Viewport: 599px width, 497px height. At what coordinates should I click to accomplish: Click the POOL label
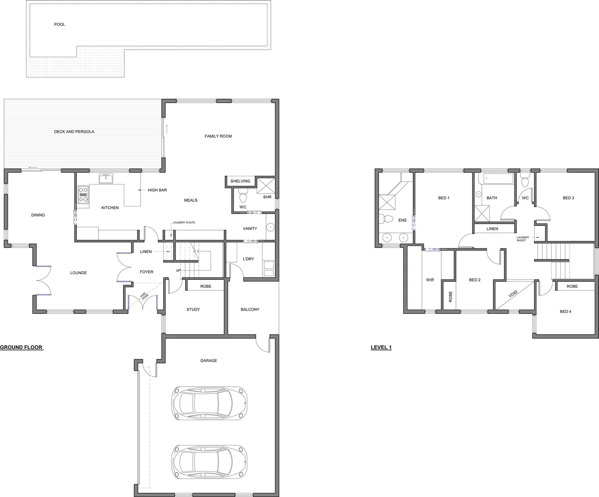click(60, 24)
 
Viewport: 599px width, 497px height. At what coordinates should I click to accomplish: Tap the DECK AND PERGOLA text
click(74, 132)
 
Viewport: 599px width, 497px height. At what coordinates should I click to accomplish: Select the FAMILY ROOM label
click(218, 136)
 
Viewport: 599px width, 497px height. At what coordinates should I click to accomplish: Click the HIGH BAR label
click(157, 190)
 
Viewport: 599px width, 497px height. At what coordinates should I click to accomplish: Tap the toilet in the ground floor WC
click(243, 198)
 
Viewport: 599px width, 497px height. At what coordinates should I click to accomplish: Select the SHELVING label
click(240, 181)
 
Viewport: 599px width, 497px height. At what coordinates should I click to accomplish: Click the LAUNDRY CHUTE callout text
click(184, 223)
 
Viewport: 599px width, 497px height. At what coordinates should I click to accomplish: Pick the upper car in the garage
click(210, 403)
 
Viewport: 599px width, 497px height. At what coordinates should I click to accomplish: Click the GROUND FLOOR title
click(21, 347)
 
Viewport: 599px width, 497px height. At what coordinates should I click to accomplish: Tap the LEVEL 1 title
click(381, 347)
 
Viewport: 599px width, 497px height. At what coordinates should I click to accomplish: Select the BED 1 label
click(444, 198)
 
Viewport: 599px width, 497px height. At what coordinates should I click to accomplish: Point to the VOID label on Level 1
click(513, 295)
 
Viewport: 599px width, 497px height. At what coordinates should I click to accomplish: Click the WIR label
click(430, 280)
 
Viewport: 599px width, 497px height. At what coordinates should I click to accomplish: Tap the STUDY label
click(193, 309)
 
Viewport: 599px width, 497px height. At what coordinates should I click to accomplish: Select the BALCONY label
click(250, 309)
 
